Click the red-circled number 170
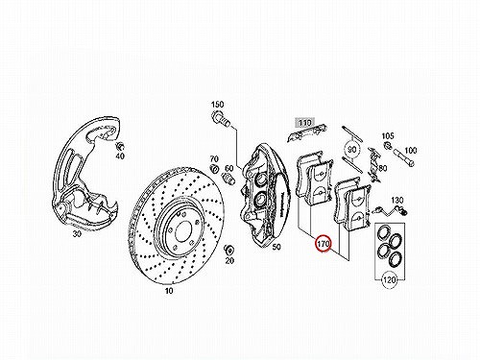324,244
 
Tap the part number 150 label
218,105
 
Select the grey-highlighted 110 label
305,123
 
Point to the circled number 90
352,150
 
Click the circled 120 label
389,280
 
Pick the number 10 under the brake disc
169,291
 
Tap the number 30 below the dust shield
77,234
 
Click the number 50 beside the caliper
276,247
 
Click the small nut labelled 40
120,146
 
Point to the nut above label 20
229,250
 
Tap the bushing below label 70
214,168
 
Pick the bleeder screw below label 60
227,178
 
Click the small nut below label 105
389,146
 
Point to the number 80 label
383,168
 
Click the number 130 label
397,201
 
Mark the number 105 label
388,136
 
